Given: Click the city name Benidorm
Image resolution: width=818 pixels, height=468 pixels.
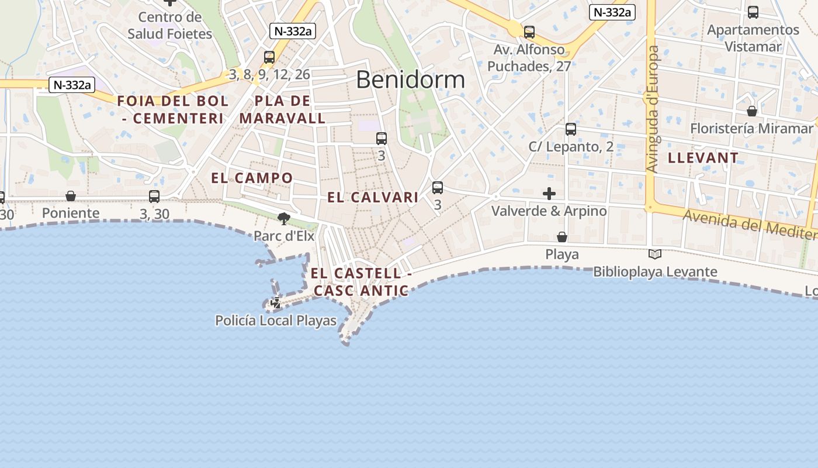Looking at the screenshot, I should [410, 80].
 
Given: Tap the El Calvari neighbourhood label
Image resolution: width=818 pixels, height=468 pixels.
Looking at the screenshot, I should [373, 197].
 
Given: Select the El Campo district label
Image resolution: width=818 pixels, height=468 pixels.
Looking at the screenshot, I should [252, 178].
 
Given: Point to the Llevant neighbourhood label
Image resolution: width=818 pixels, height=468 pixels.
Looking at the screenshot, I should [703, 158].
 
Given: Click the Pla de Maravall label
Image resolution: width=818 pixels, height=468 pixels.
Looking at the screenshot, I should [282, 109].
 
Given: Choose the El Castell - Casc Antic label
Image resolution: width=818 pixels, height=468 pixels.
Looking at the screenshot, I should [361, 281].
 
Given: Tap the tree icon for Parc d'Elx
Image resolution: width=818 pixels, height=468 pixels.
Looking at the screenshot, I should [284, 219].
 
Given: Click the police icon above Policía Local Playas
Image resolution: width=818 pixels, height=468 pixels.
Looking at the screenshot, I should [275, 303].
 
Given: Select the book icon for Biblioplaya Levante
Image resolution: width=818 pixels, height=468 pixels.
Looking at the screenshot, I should [655, 254].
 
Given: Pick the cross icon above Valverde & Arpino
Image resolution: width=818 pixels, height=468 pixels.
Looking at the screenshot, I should [549, 193].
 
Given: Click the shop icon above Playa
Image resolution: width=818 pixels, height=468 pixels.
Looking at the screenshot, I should [561, 237].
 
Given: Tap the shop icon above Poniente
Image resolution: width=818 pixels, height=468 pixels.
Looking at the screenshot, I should [71, 196].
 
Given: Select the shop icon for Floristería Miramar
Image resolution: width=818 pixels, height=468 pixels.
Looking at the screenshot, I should [752, 111].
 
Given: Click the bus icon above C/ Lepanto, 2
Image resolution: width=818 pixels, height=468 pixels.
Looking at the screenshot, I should [571, 129].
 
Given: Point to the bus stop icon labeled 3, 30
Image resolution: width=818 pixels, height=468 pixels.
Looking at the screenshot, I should [154, 197].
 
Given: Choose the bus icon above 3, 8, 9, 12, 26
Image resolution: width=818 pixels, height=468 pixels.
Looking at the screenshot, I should [269, 57].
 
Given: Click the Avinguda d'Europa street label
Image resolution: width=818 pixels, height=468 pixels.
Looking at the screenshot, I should [652, 109].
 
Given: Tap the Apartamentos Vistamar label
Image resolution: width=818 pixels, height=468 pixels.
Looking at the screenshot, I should [753, 38].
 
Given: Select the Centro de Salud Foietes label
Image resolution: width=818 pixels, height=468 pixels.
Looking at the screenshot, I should [169, 25].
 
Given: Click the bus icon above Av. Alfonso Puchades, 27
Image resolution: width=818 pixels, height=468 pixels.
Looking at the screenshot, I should [529, 32].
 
